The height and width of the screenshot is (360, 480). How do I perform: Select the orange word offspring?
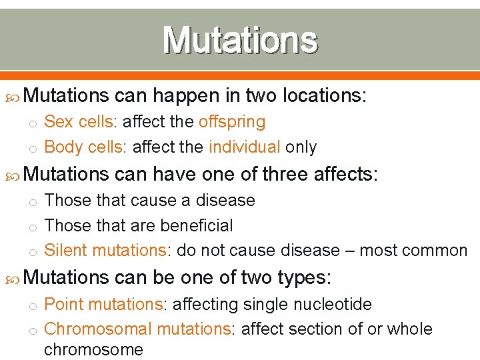tap(232, 122)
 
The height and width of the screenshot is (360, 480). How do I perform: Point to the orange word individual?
tap(245, 147)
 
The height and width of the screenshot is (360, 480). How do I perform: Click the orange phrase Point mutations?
tap(103, 305)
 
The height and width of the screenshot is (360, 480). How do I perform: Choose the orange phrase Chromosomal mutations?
tap(137, 329)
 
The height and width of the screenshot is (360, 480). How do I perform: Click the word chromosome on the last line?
tap(93, 349)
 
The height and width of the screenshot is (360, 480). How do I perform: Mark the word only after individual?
tap(301, 147)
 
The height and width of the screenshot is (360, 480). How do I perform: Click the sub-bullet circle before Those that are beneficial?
tap(31, 227)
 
